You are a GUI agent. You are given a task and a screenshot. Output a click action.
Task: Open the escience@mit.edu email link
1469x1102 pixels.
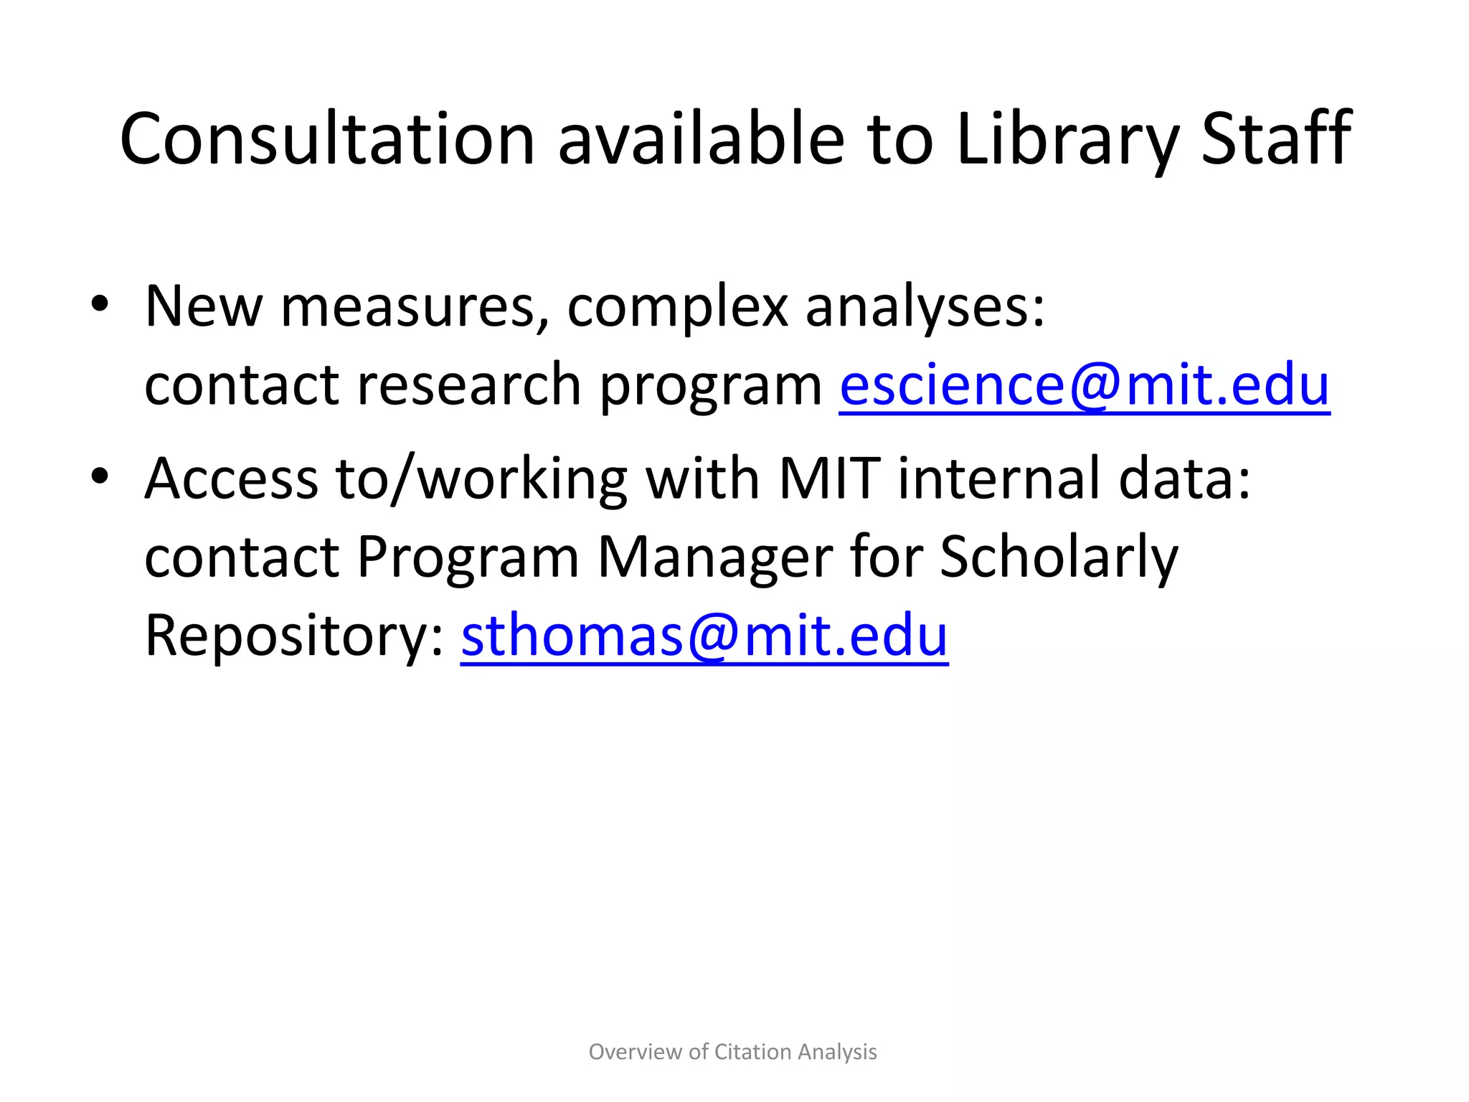click(1084, 385)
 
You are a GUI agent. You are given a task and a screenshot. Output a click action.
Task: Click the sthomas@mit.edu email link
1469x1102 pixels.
click(704, 636)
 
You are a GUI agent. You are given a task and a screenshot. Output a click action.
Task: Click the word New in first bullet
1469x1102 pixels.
click(204, 307)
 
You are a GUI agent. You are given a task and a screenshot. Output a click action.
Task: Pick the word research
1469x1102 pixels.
click(468, 385)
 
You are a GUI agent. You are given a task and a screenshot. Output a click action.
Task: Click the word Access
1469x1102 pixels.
click(231, 479)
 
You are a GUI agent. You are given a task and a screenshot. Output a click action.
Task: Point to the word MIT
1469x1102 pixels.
click(829, 479)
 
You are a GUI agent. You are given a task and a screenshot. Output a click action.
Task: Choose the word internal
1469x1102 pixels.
click(998, 479)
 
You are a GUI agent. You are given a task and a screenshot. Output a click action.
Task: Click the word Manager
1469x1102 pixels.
click(715, 557)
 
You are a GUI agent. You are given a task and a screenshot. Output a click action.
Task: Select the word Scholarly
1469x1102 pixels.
click(1058, 557)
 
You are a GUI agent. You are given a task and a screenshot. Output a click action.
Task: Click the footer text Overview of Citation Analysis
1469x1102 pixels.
click(732, 1052)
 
